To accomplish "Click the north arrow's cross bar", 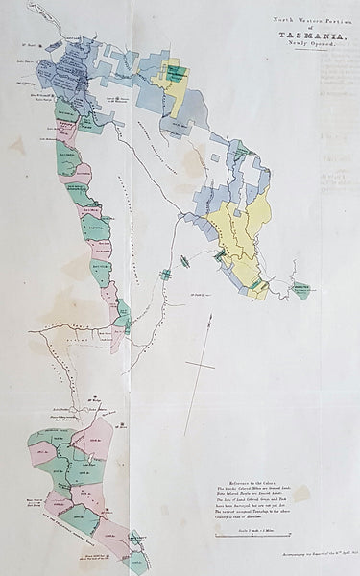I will (200, 366).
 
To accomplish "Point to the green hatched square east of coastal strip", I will (165, 275).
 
